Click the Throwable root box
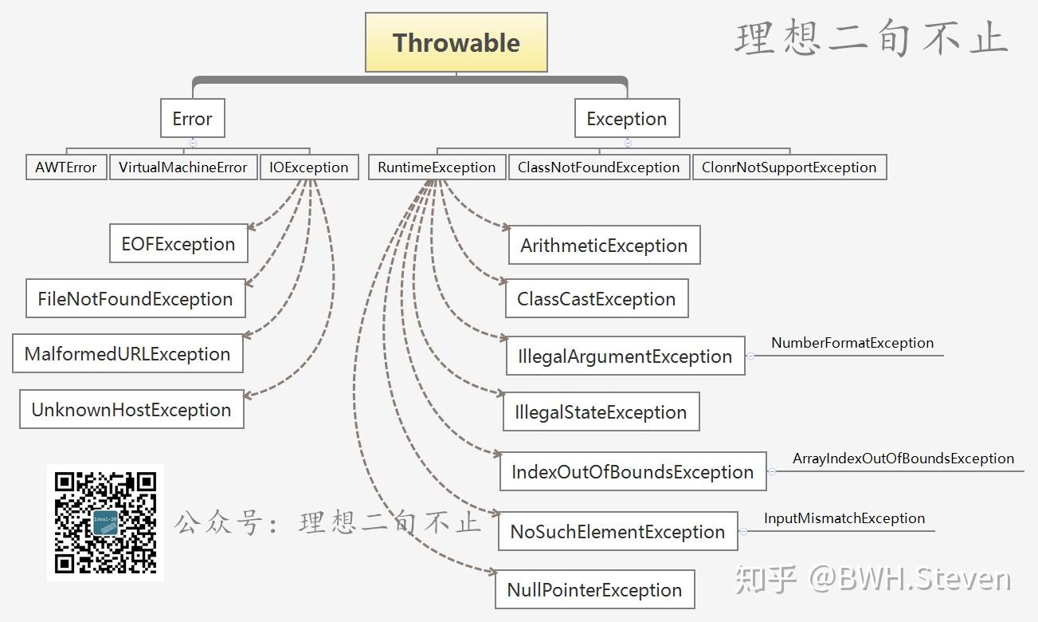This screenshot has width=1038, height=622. tap(456, 43)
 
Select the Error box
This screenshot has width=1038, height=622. tap(192, 119)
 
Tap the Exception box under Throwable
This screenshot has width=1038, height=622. tap(627, 119)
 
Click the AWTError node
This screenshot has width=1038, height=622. tap(66, 167)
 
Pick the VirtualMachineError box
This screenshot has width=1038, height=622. tap(183, 167)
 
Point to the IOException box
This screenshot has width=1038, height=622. tap(309, 167)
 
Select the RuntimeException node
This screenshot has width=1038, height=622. tap(437, 167)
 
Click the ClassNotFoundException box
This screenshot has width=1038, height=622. tap(598, 167)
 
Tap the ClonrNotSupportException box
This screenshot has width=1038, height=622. tap(789, 167)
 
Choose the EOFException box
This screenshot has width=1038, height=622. tap(178, 244)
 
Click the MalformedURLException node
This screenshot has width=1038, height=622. tap(127, 354)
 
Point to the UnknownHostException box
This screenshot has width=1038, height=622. tap(131, 410)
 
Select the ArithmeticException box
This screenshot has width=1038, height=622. tap(604, 246)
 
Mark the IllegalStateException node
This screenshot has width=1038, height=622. tap(601, 412)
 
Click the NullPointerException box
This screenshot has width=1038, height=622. tap(595, 590)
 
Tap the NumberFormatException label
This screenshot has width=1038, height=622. tap(852, 343)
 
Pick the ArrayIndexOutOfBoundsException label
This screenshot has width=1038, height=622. tap(903, 459)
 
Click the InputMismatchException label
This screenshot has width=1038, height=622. tap(844, 518)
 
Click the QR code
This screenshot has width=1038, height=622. tap(105, 522)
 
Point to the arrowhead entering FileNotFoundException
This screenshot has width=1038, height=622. tap(248, 283)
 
